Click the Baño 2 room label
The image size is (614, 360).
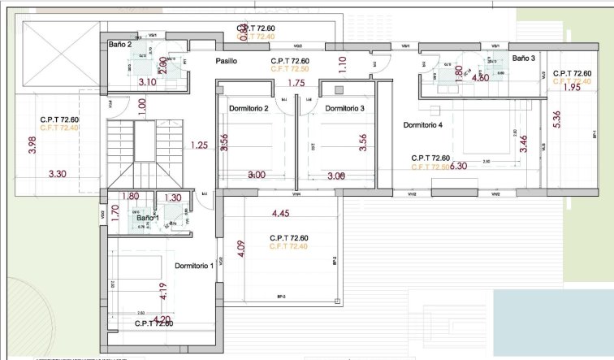[120, 45]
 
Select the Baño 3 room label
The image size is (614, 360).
[524, 59]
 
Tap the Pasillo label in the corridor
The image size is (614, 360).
[227, 61]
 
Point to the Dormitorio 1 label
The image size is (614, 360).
[193, 266]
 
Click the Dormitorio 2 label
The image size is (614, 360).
[249, 108]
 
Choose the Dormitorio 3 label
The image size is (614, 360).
[344, 108]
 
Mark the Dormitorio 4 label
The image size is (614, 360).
[423, 125]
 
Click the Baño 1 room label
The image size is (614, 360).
[147, 218]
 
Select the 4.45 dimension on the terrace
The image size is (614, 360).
[280, 214]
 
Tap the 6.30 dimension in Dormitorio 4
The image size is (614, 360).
[459, 165]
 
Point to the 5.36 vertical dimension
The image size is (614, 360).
[556, 120]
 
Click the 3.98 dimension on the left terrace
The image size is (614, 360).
[32, 145]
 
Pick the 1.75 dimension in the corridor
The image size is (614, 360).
[296, 83]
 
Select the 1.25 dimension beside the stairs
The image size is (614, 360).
[199, 145]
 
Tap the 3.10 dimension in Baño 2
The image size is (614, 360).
[147, 82]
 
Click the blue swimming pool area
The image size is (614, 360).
[552, 321]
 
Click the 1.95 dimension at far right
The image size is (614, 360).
[572, 88]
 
